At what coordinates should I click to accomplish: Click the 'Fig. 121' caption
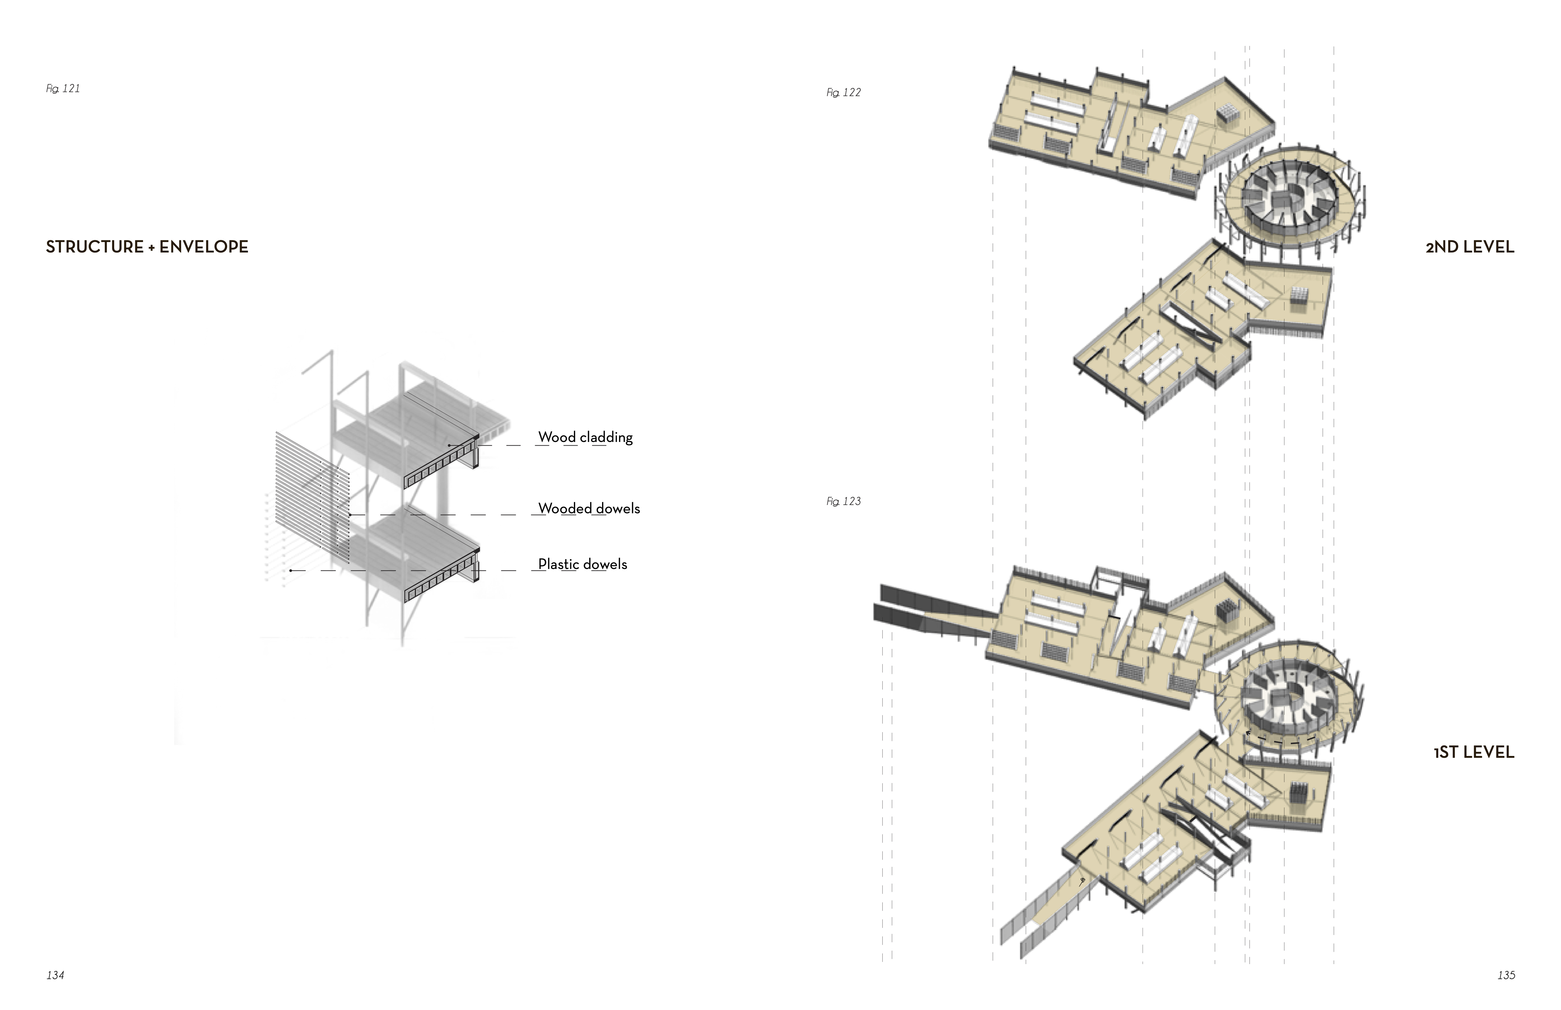63,88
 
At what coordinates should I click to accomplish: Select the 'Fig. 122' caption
844,92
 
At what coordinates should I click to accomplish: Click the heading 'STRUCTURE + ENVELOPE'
147,247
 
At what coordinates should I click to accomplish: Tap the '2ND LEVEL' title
1470,247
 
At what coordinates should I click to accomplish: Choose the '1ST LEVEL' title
1474,752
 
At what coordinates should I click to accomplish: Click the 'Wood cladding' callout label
585,437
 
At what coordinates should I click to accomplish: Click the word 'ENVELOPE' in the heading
204,247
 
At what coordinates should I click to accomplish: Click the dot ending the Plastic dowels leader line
290,570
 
